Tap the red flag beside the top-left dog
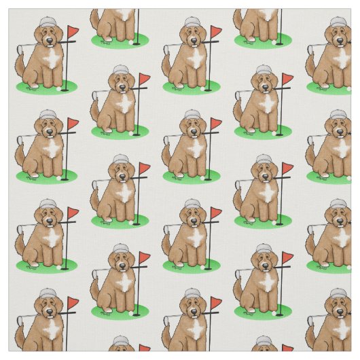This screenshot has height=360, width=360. click(73, 32)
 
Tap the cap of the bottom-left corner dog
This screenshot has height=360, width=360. click(46, 294)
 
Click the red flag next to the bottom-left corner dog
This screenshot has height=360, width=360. click(73, 303)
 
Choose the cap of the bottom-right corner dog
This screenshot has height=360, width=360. click(338, 294)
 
